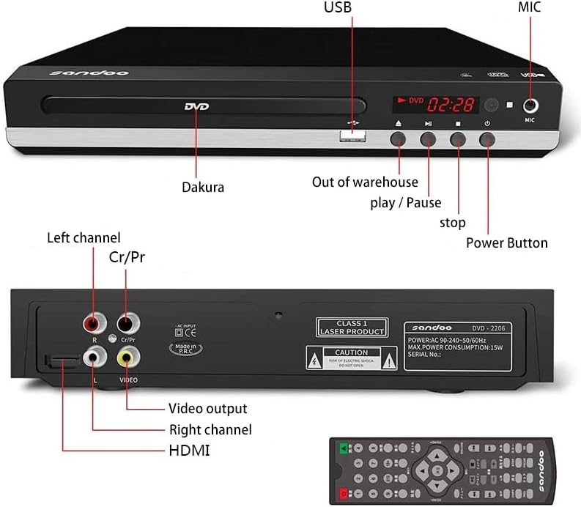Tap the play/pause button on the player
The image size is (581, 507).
(428, 138)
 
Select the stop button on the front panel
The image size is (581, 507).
(458, 138)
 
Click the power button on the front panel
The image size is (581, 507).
(487, 138)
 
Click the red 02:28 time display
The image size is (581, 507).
(451, 104)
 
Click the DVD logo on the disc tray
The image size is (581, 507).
(196, 107)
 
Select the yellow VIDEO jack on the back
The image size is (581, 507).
(127, 358)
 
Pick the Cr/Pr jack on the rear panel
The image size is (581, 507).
(127, 322)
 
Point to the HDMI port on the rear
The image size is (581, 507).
(59, 360)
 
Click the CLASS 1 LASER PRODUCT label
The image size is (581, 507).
(351, 327)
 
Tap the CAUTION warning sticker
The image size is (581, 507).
(351, 358)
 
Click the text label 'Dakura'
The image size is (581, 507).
(203, 188)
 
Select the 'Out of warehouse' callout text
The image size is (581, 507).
(365, 182)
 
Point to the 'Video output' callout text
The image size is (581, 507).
(207, 408)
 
